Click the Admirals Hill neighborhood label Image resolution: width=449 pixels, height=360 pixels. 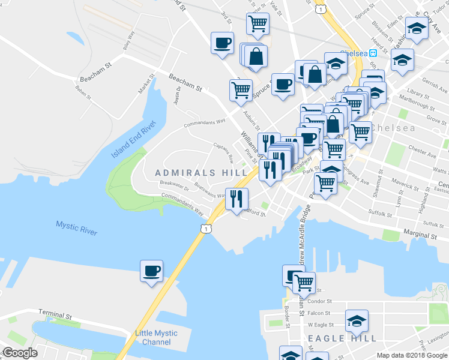coord(193,173)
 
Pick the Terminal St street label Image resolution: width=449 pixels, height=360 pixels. coord(55,313)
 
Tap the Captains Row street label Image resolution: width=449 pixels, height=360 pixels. coord(223,152)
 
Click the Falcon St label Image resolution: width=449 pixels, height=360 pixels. coord(319,313)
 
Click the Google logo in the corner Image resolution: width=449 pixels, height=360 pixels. coord(20,353)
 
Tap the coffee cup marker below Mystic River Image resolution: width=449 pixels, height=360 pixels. coord(151,271)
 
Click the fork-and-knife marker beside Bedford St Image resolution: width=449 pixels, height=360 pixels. coord(237,198)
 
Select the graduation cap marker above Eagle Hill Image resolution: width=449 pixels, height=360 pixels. coord(357,321)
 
